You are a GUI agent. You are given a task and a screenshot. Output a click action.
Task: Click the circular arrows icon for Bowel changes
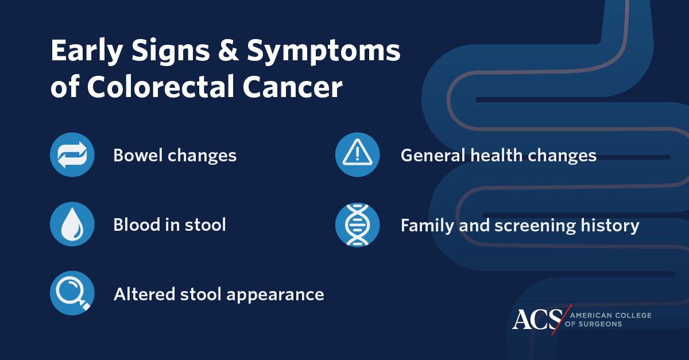pyautogui.click(x=72, y=155)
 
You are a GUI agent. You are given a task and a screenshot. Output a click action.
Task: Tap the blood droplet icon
pyautogui.click(x=72, y=224)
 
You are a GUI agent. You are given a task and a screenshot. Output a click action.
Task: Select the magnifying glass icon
pyautogui.click(x=72, y=294)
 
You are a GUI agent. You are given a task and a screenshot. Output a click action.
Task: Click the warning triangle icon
pyautogui.click(x=357, y=155)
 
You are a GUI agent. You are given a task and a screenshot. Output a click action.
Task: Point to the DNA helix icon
pyautogui.click(x=357, y=224)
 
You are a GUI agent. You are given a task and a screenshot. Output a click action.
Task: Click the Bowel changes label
pyautogui.click(x=175, y=156)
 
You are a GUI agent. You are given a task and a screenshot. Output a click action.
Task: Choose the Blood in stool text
pyautogui.click(x=169, y=224)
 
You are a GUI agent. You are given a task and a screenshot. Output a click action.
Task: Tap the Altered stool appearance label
pyautogui.click(x=219, y=295)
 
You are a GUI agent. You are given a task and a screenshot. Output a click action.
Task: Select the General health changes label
pyautogui.click(x=498, y=156)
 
